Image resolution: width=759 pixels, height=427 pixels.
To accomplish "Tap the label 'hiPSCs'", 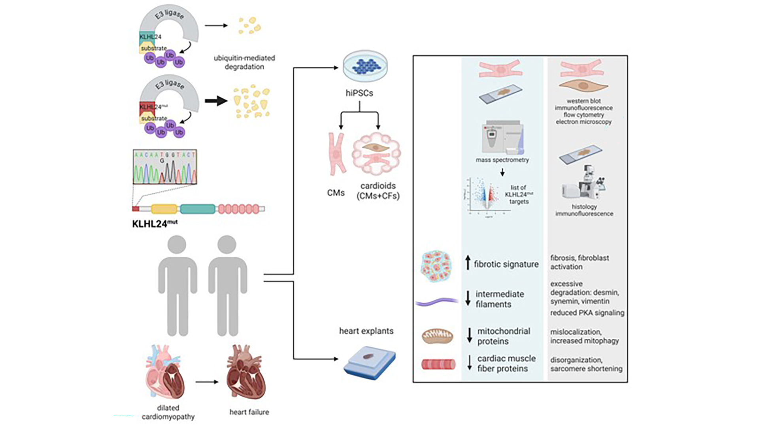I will [x=359, y=93].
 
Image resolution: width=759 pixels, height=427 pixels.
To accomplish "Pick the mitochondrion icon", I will [x=438, y=336].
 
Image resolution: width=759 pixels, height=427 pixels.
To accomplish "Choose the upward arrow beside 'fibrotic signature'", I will [x=468, y=263].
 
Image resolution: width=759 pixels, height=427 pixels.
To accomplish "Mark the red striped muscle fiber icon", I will [x=438, y=364].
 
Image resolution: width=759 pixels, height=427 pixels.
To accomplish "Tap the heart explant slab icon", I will [x=370, y=363].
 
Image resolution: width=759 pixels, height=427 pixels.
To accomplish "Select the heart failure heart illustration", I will [x=246, y=373].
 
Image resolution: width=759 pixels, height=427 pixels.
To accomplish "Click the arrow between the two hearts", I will [x=207, y=382].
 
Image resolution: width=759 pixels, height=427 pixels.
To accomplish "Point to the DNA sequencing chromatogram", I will [x=165, y=167].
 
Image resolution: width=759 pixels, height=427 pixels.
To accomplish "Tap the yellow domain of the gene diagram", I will [x=164, y=209].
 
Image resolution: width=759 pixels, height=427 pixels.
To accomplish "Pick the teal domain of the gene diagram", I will [x=198, y=209].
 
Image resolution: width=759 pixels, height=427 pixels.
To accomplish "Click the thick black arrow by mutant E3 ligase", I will [x=216, y=101].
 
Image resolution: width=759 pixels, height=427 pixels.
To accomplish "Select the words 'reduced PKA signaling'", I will [x=587, y=313].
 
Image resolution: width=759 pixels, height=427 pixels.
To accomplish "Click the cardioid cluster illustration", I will [x=376, y=154].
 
